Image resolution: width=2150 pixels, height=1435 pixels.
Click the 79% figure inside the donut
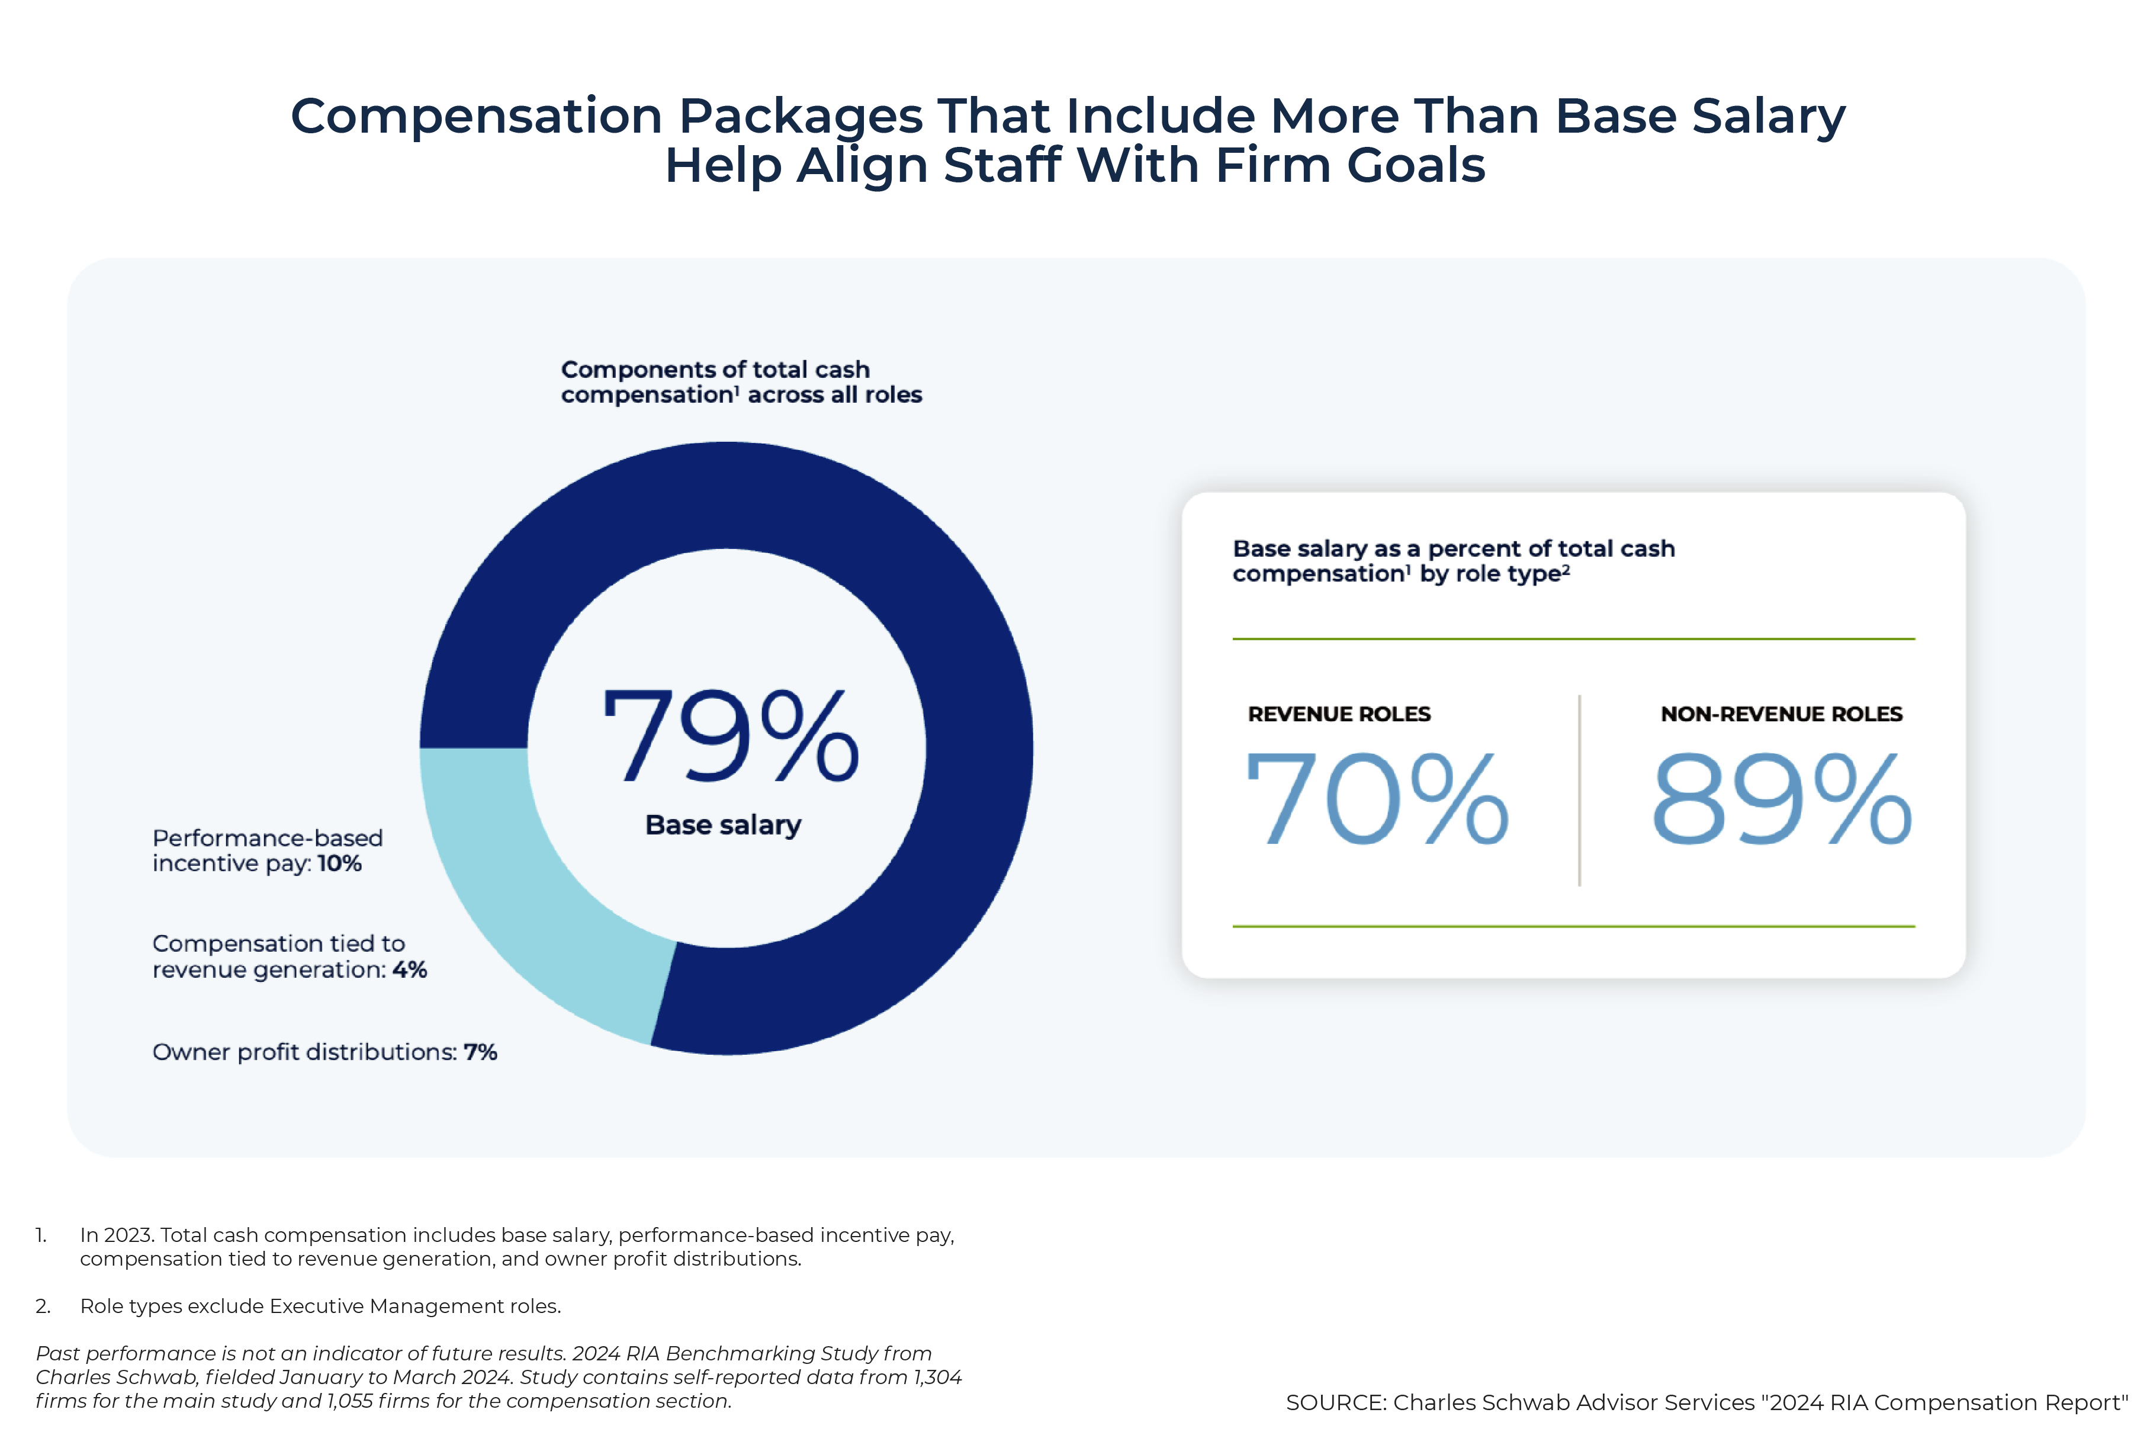pos(729,737)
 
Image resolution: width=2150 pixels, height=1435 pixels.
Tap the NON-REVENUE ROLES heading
pos(1781,714)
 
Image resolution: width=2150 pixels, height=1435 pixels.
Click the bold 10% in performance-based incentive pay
pos(339,863)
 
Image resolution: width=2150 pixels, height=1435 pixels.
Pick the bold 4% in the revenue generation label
pos(410,969)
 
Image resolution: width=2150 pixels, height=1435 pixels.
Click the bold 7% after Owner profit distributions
pos(480,1052)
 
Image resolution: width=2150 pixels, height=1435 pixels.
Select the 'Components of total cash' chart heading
pos(715,370)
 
